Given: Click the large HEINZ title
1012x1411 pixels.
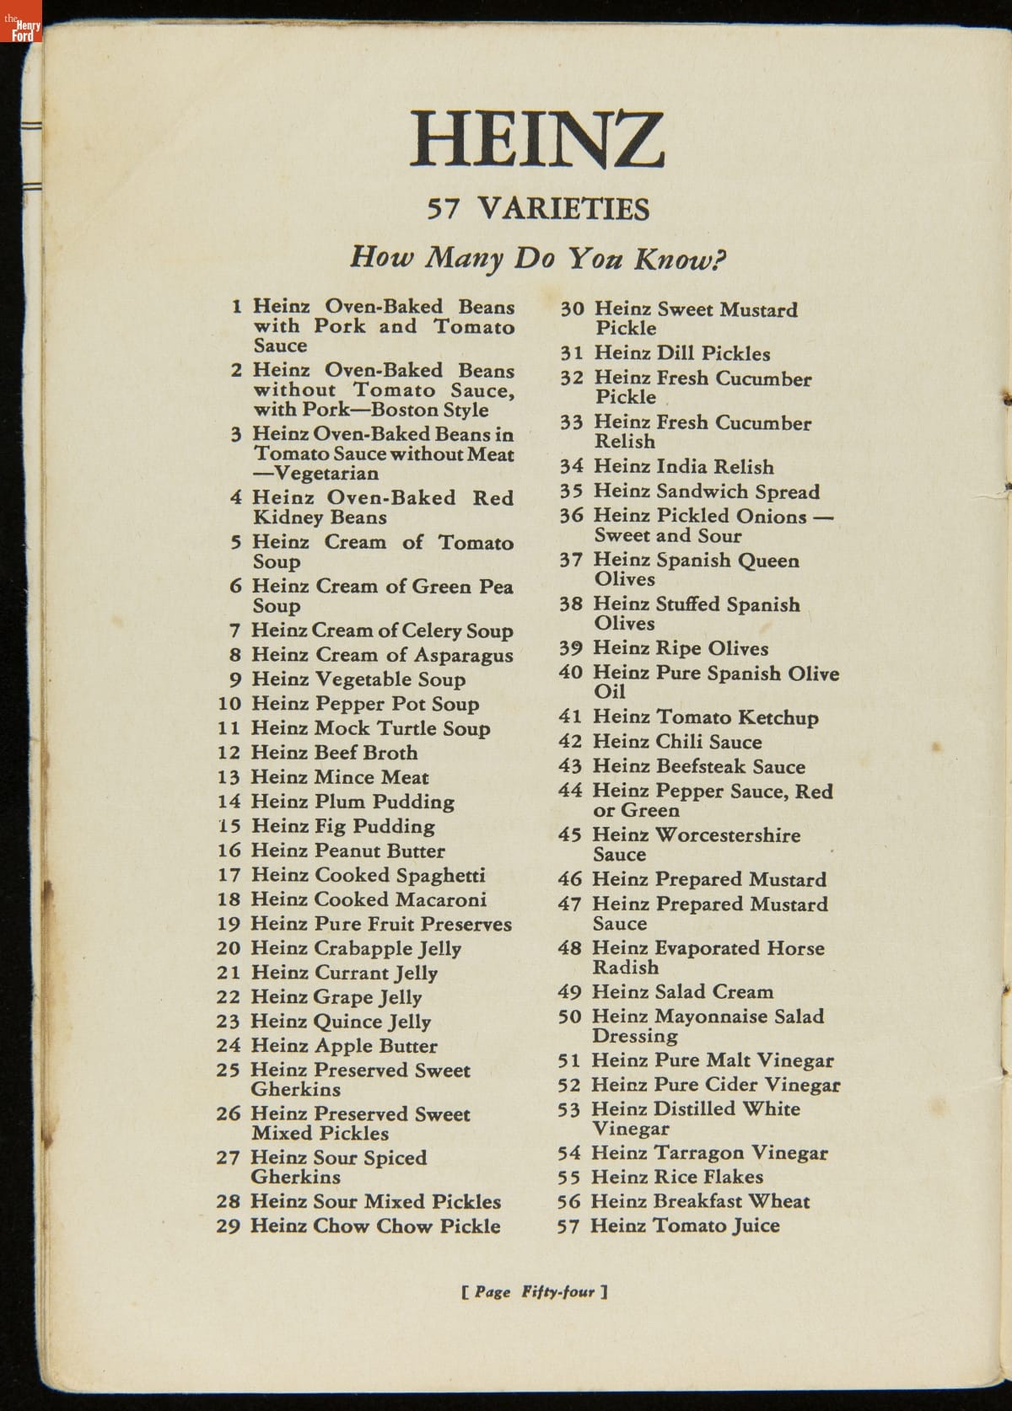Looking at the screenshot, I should tap(537, 138).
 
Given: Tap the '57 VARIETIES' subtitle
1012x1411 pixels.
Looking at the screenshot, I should tap(538, 208).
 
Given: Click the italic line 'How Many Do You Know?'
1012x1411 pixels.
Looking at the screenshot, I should tap(538, 256).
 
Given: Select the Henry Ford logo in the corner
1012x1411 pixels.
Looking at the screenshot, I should tap(22, 30).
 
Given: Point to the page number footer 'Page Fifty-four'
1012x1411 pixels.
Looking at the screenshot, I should tap(535, 1291).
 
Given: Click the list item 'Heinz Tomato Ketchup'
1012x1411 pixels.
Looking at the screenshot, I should tap(705, 717).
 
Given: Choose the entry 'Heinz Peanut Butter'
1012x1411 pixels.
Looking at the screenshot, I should tap(347, 850).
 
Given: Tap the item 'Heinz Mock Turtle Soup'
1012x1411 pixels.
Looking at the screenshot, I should tap(370, 728).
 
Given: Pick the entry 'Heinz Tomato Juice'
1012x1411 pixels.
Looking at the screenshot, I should tap(685, 1226).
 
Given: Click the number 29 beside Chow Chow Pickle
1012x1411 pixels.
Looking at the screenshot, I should tap(229, 1226).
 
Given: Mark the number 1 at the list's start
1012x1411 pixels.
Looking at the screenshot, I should tap(237, 307).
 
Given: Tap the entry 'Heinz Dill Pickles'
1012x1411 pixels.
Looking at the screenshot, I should tap(681, 353).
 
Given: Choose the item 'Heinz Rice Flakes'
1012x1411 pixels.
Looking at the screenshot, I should tap(677, 1177).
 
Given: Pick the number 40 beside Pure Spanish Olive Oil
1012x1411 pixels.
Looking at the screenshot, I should tap(571, 673).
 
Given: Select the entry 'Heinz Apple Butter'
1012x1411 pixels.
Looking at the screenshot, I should tap(344, 1046).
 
